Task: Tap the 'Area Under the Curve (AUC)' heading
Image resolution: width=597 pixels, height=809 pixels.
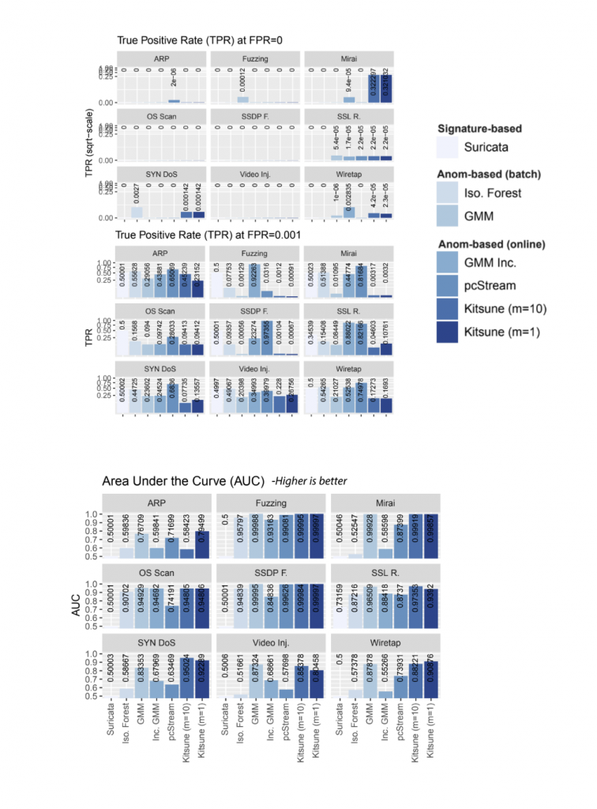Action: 183,481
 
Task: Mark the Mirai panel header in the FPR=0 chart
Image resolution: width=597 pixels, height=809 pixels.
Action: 348,59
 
